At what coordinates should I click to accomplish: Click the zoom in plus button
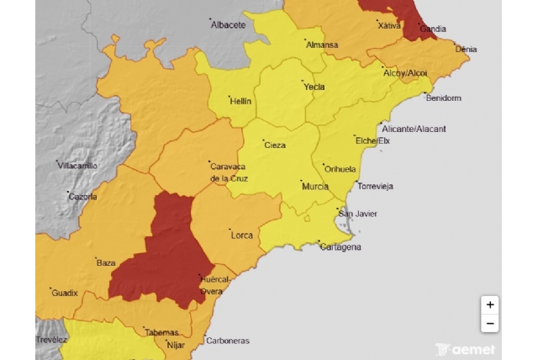pos(490,304)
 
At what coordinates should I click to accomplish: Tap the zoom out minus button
pos(490,324)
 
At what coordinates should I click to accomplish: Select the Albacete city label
pos(228,24)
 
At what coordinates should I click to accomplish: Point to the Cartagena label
pos(340,246)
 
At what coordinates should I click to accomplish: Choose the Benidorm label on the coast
pos(444,98)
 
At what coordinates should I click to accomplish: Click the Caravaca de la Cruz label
pos(227,172)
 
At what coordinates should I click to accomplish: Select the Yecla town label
pos(314,86)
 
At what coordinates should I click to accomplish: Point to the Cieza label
pos(275,145)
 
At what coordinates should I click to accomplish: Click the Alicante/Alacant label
pos(414,129)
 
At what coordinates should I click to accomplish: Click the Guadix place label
pos(65,293)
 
